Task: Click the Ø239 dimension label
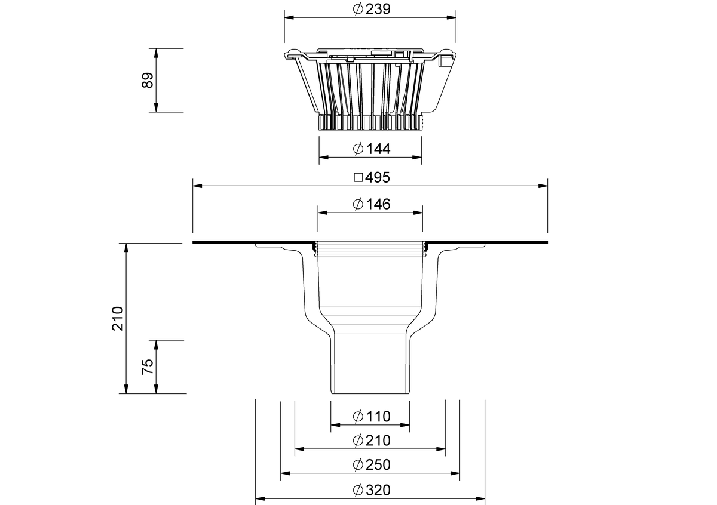point(372,9)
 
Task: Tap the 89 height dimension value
point(148,80)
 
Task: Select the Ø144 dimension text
point(372,149)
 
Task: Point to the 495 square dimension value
point(378,177)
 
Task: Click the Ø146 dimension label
point(372,204)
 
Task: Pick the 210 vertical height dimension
point(118,318)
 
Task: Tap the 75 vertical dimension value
point(148,367)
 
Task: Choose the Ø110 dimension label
point(372,417)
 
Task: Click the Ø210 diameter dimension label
point(372,441)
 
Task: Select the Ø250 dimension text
point(372,464)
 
